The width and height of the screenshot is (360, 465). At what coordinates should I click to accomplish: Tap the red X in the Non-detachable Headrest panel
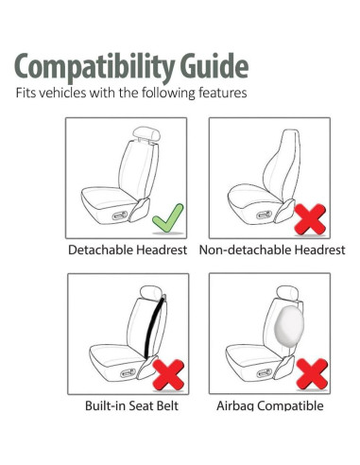coord(310,220)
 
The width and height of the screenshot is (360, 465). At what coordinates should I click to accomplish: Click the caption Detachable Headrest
coord(128,250)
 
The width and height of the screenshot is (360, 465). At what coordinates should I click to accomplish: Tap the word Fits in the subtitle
coord(24,95)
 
